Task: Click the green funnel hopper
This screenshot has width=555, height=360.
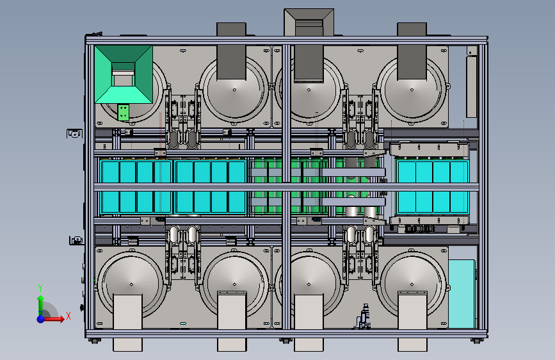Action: point(123,74)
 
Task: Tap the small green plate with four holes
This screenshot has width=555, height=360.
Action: point(123,112)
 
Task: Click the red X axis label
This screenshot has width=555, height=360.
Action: point(68,316)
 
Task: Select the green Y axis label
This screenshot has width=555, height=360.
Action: point(40,288)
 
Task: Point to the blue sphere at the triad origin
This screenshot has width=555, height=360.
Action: point(41,319)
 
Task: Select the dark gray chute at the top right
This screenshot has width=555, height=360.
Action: point(412,51)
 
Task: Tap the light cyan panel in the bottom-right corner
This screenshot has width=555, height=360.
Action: point(462,294)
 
